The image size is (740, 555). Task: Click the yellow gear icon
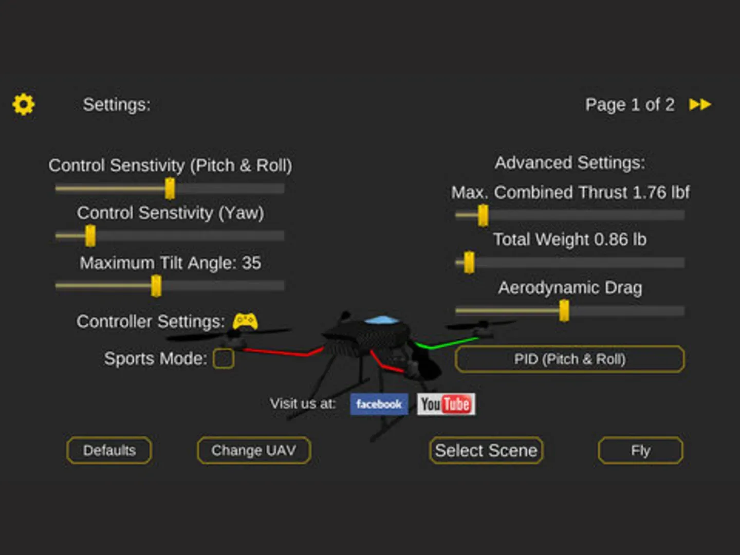[x=23, y=104]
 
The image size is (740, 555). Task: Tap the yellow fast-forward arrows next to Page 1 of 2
[x=700, y=104]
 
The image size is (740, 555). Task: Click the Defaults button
[x=109, y=450]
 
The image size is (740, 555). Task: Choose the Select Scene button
[x=486, y=450]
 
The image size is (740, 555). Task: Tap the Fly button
[x=640, y=450]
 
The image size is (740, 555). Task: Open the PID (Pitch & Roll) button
[x=570, y=359]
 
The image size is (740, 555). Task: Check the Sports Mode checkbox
[x=224, y=358]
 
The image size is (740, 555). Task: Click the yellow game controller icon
[x=245, y=322]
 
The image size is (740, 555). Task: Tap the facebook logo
[x=379, y=404]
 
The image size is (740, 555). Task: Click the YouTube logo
[x=446, y=404]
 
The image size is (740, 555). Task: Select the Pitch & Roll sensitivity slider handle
[x=170, y=189]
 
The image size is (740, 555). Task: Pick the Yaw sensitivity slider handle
[x=90, y=236]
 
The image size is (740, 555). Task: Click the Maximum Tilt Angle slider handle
[x=156, y=286]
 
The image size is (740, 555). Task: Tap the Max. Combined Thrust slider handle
[x=483, y=215]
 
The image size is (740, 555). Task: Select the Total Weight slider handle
[x=469, y=263]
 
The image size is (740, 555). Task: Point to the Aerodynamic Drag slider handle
[x=564, y=311]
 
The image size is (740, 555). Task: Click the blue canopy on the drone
[x=381, y=320]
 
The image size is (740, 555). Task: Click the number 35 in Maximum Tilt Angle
[x=251, y=263]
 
